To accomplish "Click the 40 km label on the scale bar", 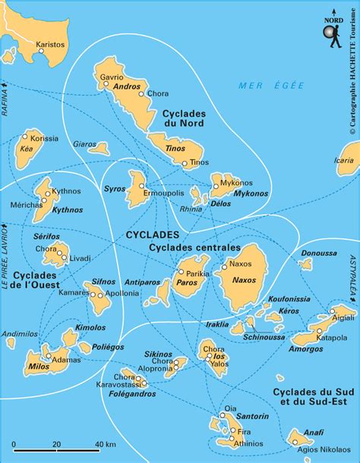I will click(106, 443).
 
